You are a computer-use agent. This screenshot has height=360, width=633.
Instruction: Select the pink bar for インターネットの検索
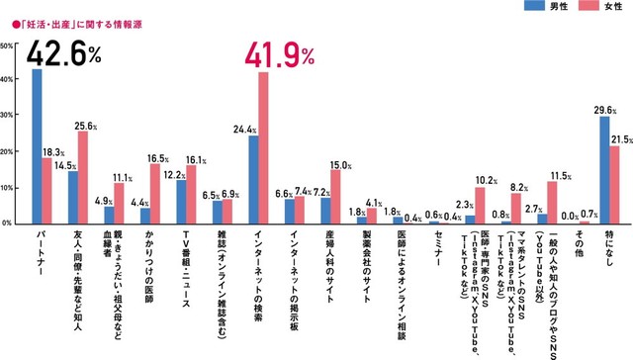[x=263, y=147]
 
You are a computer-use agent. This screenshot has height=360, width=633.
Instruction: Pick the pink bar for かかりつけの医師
[x=155, y=193]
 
